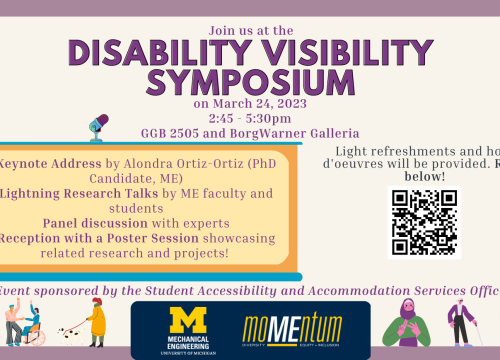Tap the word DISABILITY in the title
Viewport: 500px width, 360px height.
click(x=166, y=49)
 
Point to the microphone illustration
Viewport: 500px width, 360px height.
click(x=99, y=125)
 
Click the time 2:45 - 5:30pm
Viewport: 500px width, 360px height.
click(x=250, y=117)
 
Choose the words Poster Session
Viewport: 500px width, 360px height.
click(x=171, y=237)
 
